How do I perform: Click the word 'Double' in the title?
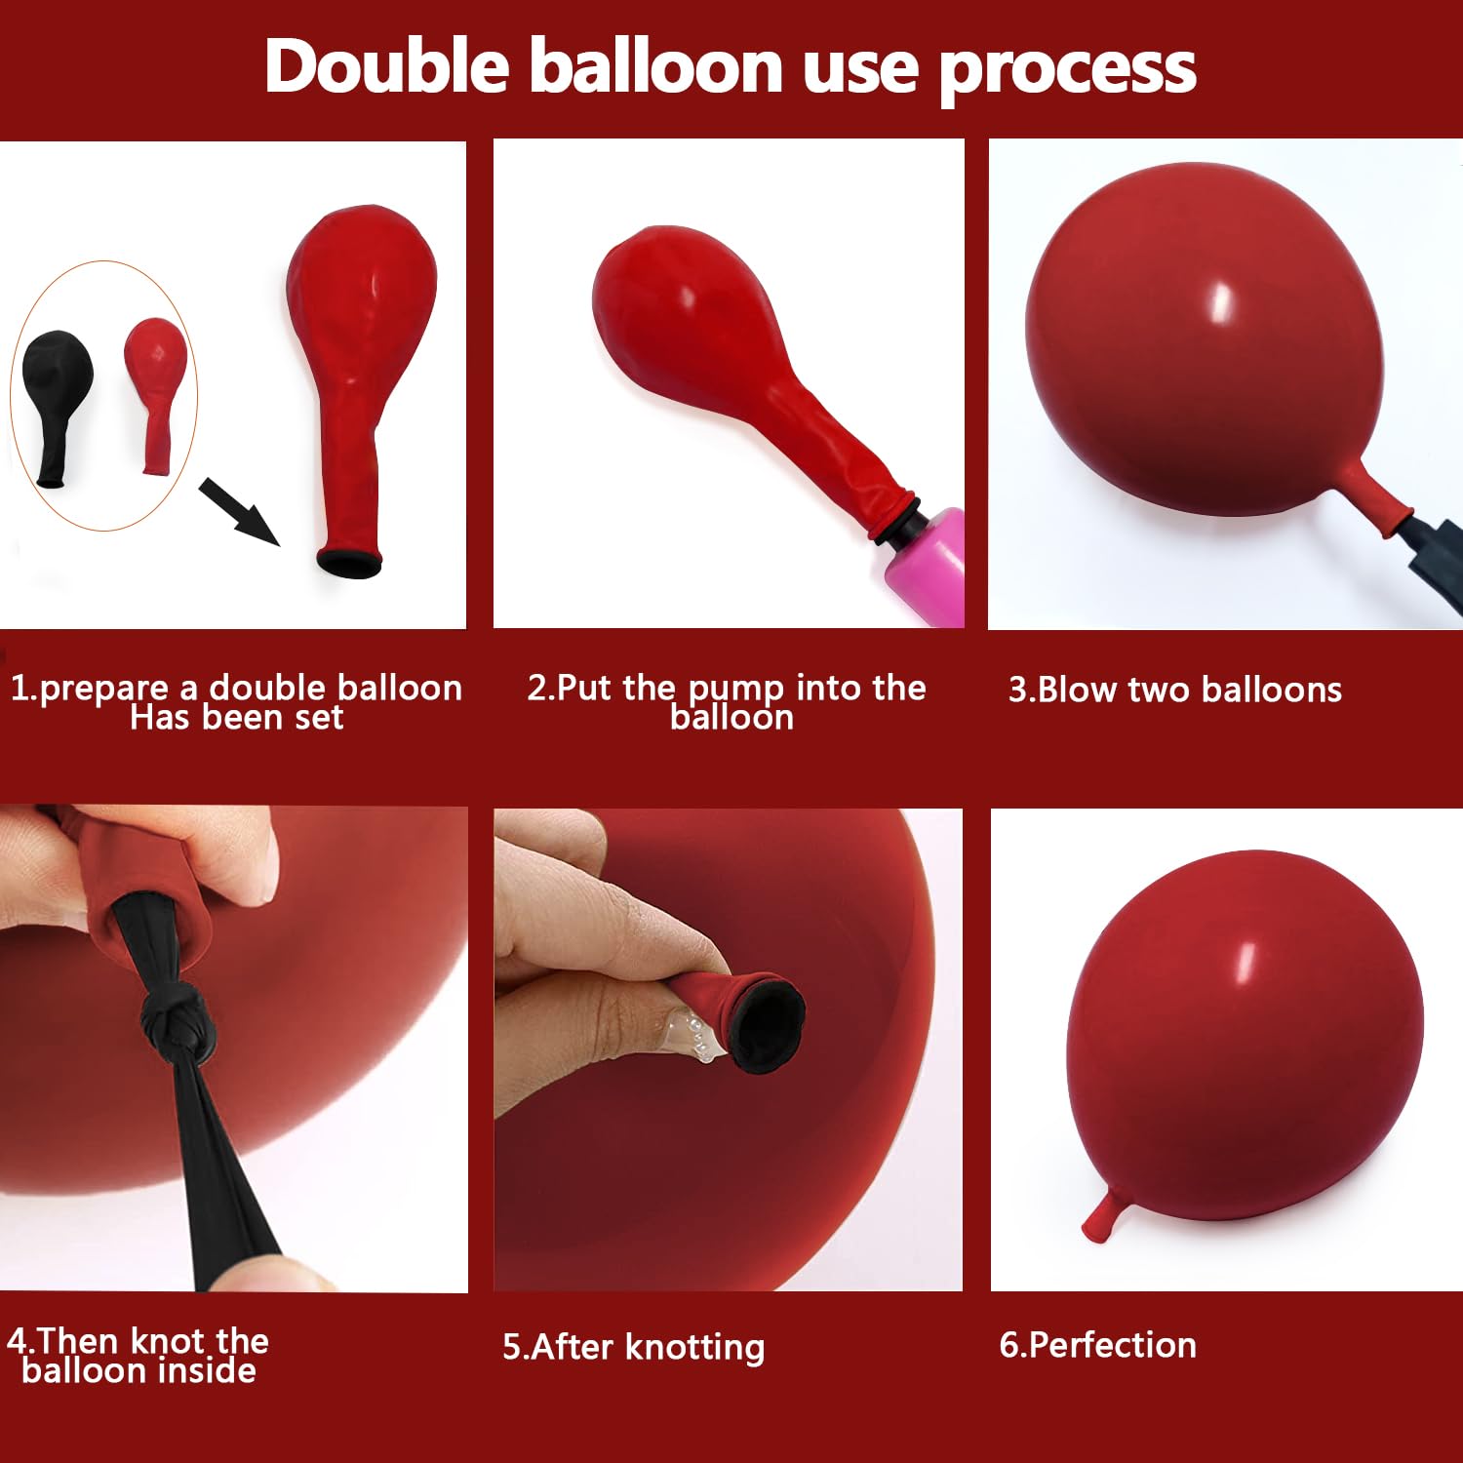387,66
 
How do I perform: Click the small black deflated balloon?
56,409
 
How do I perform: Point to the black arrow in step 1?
239,512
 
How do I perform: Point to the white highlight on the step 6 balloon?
1246,964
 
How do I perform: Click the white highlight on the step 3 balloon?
1219,303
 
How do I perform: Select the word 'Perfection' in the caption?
1112,1345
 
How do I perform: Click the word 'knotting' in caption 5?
694,1348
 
